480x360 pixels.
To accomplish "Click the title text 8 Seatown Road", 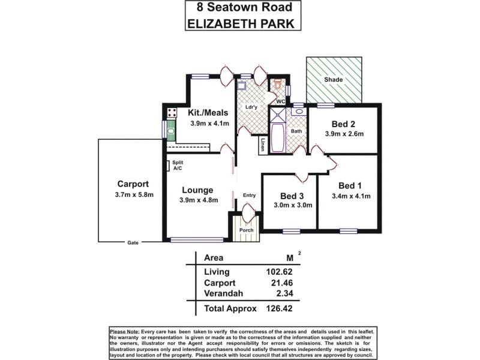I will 239,8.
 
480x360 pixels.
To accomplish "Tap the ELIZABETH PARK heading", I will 239,24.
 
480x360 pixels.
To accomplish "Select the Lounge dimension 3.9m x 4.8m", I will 198,200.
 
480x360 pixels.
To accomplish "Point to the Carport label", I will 133,184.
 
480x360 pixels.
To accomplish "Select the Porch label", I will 246,230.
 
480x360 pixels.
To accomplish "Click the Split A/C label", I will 178,166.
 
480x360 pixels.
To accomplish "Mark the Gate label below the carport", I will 133,243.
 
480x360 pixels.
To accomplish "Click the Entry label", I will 249,195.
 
